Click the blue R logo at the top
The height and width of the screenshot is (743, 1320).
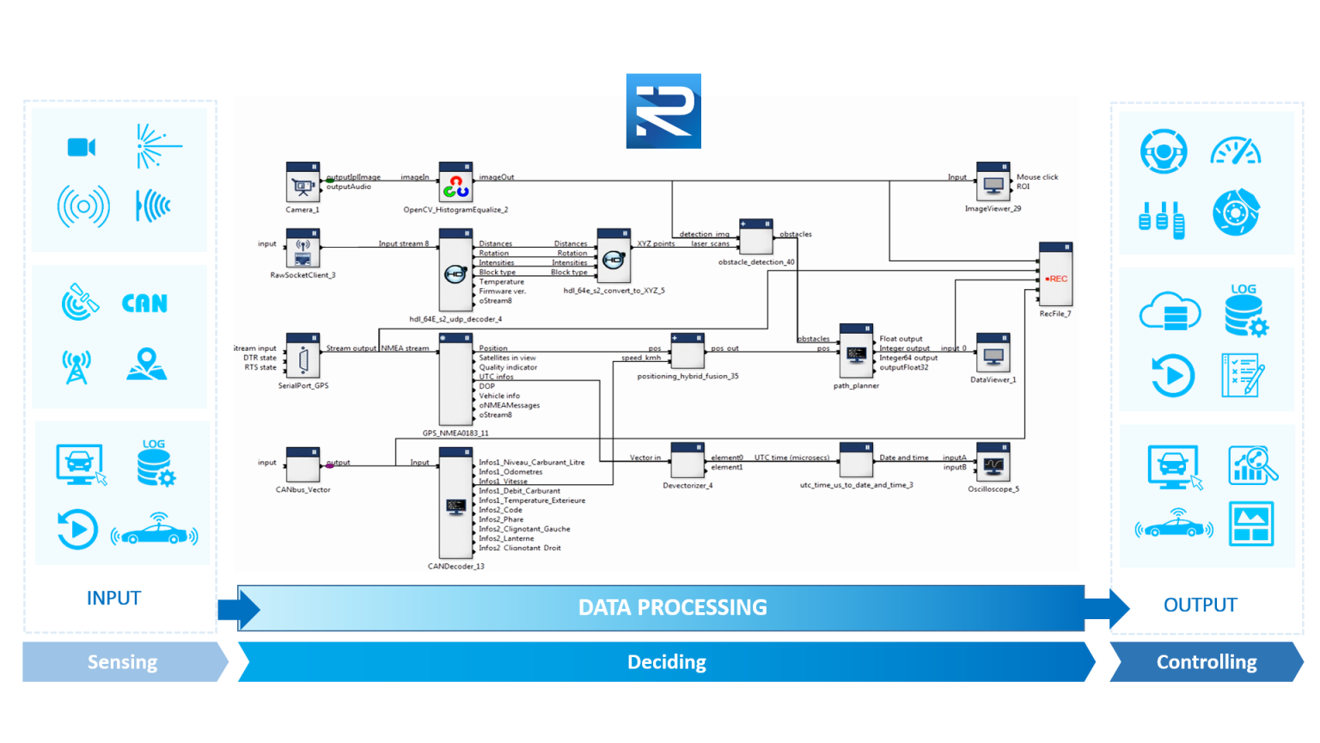(x=663, y=111)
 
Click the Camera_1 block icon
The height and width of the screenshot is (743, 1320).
(x=302, y=183)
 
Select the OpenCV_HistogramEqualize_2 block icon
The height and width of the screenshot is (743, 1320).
(x=455, y=183)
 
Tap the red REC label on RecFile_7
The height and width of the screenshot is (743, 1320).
(x=1057, y=279)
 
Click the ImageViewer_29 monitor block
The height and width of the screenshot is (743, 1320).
(x=993, y=183)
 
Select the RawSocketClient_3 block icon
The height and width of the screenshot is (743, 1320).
(x=302, y=249)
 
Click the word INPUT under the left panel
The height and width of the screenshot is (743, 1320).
(x=113, y=599)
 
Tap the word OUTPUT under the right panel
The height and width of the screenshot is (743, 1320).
(x=1200, y=605)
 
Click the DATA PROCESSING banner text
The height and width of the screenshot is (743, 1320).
(x=672, y=608)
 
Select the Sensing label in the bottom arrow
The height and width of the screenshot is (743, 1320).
(x=122, y=662)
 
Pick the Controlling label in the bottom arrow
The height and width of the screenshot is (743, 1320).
(x=1206, y=662)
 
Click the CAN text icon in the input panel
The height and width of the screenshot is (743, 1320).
(x=144, y=304)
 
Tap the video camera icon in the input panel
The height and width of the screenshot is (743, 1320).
(x=82, y=147)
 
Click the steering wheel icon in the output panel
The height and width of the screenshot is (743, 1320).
(x=1164, y=151)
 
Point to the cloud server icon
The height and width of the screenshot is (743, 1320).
(x=1169, y=311)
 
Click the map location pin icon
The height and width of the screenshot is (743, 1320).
(x=147, y=365)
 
